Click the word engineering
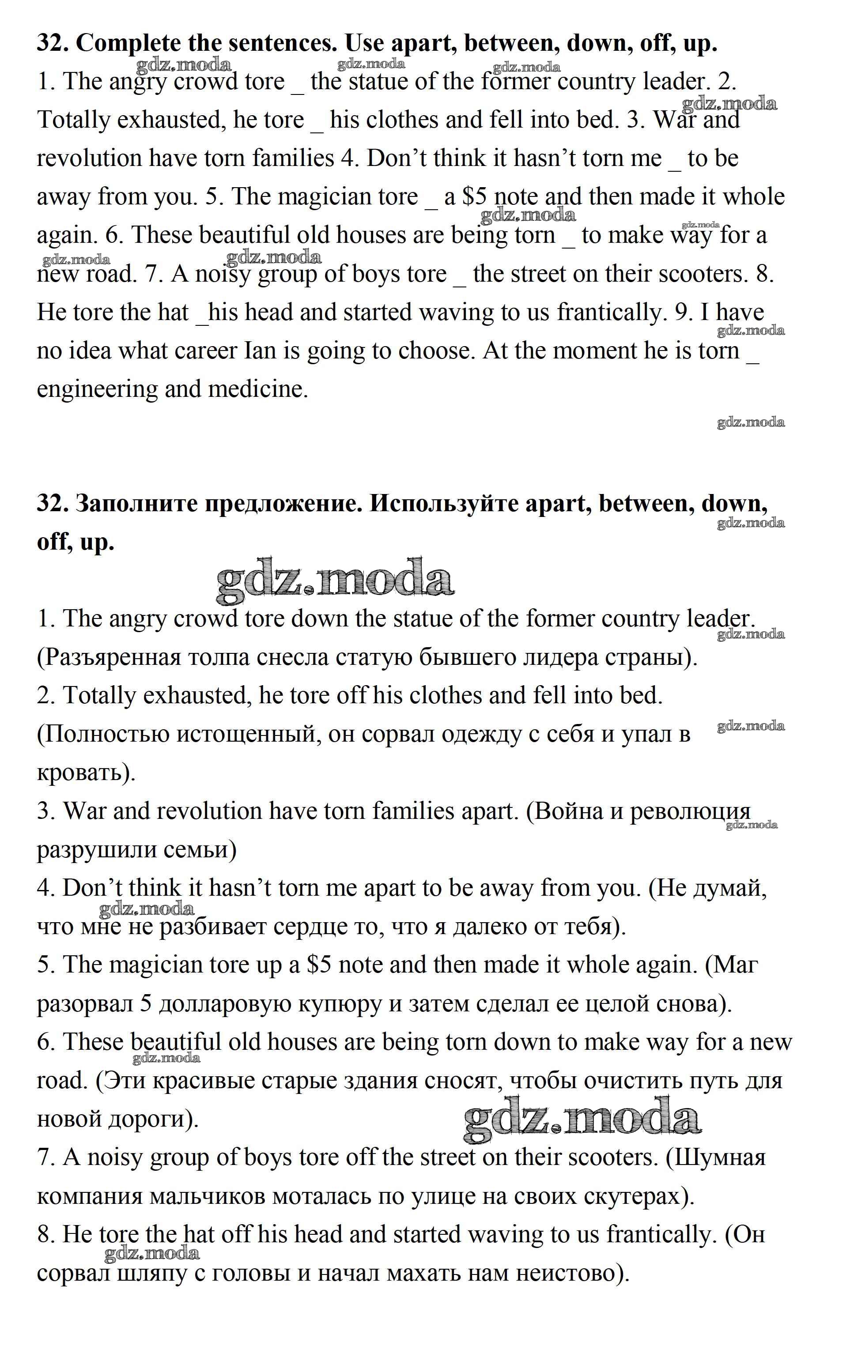point(97,390)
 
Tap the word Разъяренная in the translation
point(112,657)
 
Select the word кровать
point(84,773)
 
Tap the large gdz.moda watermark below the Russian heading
point(334,580)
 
